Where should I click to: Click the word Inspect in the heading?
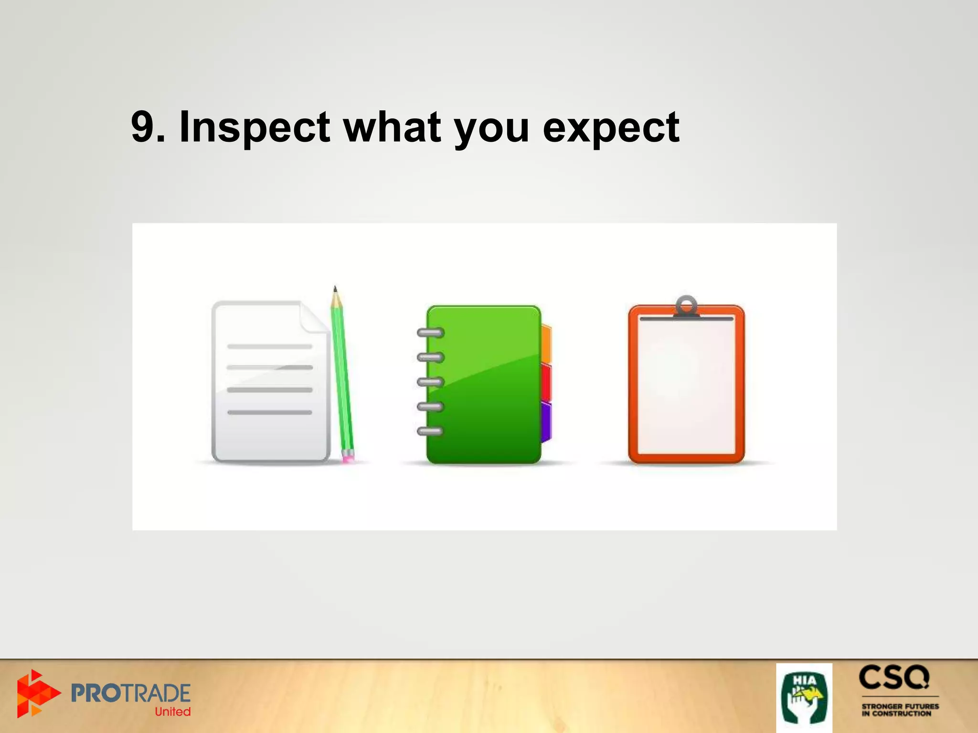click(x=254, y=127)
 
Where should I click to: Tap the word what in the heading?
click(x=393, y=126)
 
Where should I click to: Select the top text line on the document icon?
click(x=270, y=346)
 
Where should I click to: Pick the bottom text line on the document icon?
click(x=270, y=412)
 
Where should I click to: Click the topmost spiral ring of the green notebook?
click(x=430, y=333)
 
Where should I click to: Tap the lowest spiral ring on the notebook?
click(x=430, y=431)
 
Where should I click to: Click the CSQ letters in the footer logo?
click(x=894, y=678)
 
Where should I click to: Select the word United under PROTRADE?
click(x=172, y=712)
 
